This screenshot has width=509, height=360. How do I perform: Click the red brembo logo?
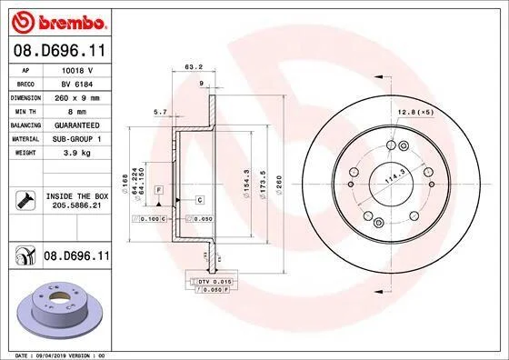(59, 22)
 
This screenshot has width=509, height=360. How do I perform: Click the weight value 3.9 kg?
(77, 153)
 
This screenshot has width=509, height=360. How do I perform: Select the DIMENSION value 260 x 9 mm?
(77, 97)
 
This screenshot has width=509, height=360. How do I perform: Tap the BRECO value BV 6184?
(77, 84)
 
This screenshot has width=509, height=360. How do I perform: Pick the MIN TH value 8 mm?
(77, 112)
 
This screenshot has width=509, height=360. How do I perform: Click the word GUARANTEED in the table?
(77, 125)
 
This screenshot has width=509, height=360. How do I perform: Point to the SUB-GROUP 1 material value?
(77, 139)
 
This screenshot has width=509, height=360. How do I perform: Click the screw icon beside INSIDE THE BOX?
(25, 200)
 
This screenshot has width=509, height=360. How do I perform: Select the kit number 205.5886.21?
(77, 205)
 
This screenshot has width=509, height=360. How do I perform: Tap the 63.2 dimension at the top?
(194, 66)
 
